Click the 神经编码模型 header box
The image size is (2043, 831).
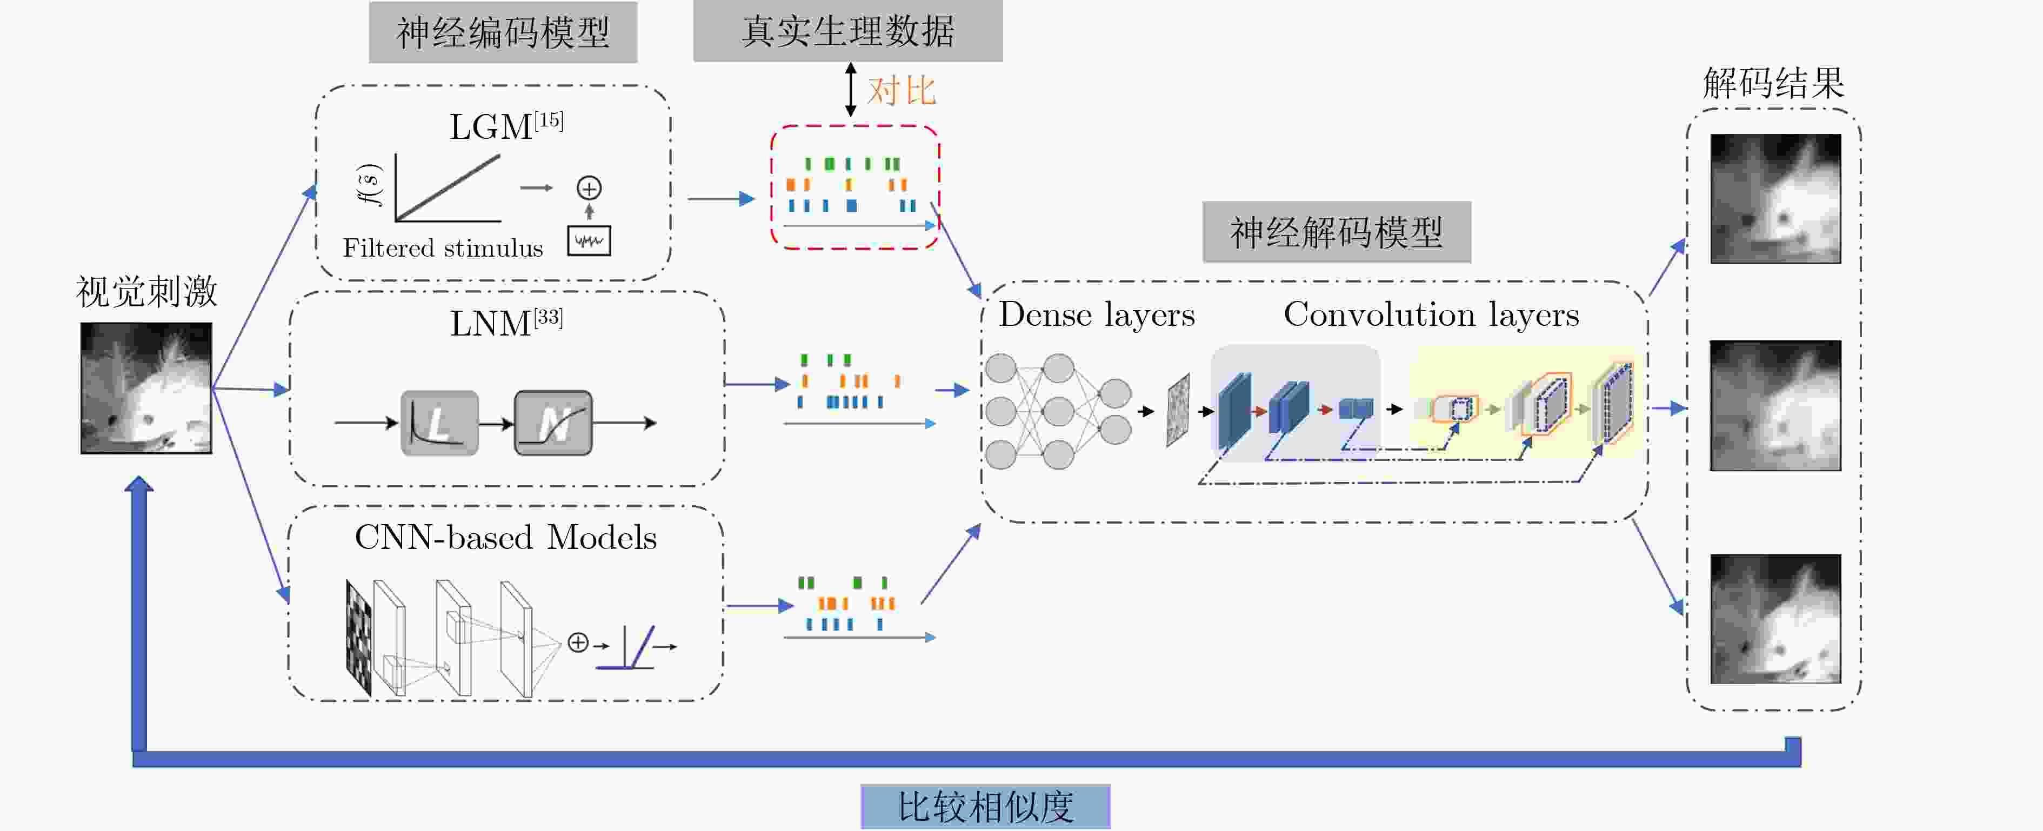point(503,32)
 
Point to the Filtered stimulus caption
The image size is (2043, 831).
point(443,248)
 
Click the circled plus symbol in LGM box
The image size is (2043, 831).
point(589,188)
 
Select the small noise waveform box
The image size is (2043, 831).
point(589,241)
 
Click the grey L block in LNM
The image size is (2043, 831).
point(439,423)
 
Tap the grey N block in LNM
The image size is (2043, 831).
point(553,423)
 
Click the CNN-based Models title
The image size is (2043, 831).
point(506,538)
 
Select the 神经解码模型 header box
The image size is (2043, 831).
point(1337,232)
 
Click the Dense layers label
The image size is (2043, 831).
point(1096,316)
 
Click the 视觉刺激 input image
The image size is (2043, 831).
point(146,388)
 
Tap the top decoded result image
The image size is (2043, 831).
point(1775,198)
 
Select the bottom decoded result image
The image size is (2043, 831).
point(1775,619)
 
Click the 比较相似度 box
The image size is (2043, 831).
point(985,807)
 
